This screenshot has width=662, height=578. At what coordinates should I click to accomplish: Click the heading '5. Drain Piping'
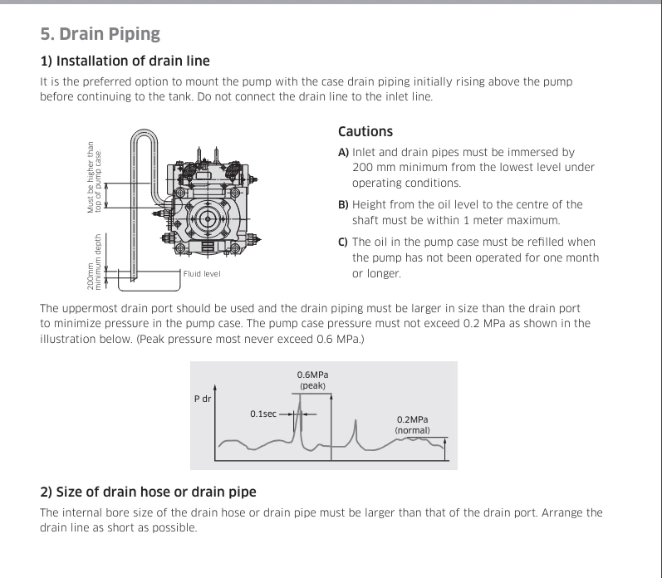point(100,34)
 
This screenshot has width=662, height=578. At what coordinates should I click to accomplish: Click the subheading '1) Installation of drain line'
point(125,61)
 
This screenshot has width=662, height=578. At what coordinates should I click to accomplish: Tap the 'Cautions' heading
point(365,131)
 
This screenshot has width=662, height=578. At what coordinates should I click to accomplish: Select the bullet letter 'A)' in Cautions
point(343,152)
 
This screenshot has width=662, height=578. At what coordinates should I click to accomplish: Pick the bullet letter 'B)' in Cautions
point(343,205)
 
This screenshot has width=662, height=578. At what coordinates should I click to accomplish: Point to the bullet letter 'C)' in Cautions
point(343,242)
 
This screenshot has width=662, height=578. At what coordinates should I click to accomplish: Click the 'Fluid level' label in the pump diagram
point(202,273)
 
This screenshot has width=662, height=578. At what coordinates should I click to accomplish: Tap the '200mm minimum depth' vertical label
point(94,262)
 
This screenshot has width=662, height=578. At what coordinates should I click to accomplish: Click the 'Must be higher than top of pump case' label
point(94,178)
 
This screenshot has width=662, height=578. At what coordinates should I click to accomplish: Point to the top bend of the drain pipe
point(144,131)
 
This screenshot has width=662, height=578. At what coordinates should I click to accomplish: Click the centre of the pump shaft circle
point(208,218)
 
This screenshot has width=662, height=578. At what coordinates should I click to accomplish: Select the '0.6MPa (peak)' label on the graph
point(312,380)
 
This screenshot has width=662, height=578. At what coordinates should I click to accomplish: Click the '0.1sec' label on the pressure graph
point(263,414)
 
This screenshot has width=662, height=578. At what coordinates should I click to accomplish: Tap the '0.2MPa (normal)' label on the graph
point(413,424)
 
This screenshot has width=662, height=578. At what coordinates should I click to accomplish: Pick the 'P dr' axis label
point(203,399)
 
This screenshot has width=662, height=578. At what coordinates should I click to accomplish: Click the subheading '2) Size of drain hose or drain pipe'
point(148,492)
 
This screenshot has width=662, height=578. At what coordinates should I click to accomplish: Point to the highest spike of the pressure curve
point(300,397)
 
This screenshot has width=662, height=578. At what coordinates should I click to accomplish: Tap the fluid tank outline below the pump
point(149,291)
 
